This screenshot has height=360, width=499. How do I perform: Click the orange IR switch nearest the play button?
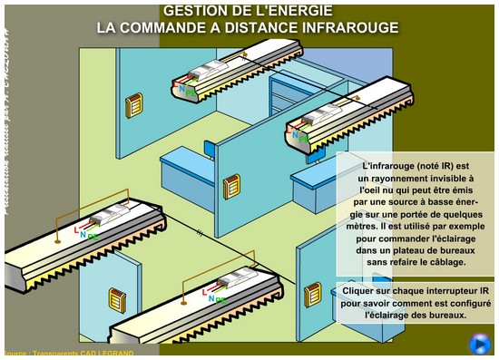tap(313, 294)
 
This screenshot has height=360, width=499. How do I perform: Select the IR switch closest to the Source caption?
tap(117, 299)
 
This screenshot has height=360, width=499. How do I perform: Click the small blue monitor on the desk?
tap(210, 149)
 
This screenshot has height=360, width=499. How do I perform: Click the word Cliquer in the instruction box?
tap(360, 290)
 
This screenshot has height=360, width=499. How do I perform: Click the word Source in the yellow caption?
tap(15, 354)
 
